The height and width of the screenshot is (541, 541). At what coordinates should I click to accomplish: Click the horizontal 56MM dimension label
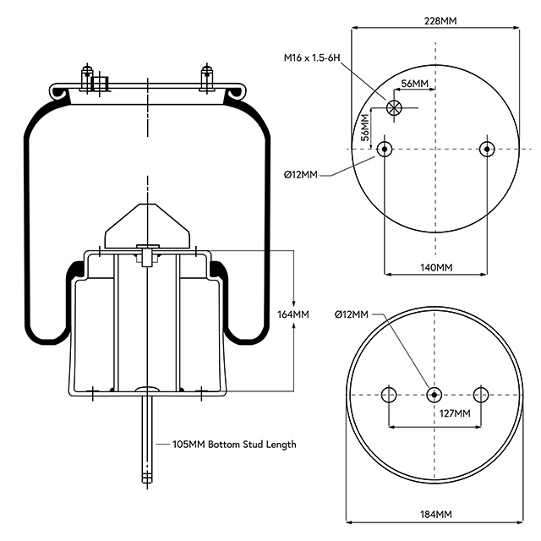click(414, 84)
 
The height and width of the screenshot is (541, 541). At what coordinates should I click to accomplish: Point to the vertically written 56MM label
click(364, 127)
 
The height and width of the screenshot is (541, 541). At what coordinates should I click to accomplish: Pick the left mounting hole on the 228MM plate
click(385, 150)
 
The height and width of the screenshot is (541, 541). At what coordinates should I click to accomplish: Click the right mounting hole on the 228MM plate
click(485, 150)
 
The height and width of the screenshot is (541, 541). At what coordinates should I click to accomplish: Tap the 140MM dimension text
click(436, 267)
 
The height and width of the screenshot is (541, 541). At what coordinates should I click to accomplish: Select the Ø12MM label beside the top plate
click(301, 175)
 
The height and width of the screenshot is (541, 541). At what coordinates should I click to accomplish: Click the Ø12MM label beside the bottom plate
click(351, 314)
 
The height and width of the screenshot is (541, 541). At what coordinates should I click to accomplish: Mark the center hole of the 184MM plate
click(434, 395)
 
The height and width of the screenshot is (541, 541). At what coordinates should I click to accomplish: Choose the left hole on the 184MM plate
click(389, 395)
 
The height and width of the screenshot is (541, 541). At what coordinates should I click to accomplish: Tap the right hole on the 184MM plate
click(481, 395)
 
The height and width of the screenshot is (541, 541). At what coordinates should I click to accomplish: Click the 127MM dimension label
click(454, 413)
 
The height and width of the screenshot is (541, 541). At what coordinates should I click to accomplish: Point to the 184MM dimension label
click(434, 514)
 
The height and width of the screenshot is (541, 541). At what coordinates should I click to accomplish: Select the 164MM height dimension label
click(293, 314)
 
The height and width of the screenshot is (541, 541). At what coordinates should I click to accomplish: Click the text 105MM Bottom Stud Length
click(234, 444)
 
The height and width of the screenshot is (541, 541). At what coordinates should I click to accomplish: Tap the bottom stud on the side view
click(147, 440)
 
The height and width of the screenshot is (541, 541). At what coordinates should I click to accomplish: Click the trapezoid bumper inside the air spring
click(147, 222)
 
